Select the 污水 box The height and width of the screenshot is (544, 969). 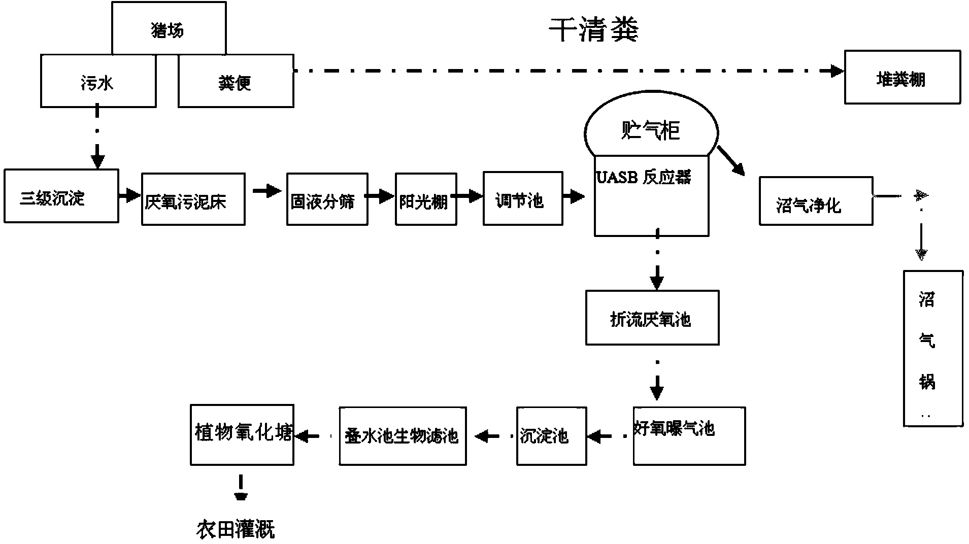[98, 81]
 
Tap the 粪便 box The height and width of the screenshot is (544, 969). [236, 81]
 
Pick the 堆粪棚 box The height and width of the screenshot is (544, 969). [902, 77]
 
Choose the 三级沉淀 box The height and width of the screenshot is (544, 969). [61, 196]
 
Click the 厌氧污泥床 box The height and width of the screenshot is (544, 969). [193, 199]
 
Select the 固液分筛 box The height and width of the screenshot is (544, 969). [327, 199]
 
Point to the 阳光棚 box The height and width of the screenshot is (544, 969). [426, 199]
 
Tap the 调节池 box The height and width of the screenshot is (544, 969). [523, 198]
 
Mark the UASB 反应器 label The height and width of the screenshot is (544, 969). [644, 177]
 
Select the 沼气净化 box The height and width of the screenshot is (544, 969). [816, 201]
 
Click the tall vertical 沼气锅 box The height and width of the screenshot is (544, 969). [933, 349]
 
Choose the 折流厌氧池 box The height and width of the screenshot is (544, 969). [652, 318]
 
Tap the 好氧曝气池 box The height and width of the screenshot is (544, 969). [689, 436]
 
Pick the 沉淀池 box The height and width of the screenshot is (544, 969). [552, 436]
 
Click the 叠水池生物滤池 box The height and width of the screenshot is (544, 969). [403, 436]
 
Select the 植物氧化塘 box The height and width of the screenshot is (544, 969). [242, 434]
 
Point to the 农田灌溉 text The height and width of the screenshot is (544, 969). [236, 529]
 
